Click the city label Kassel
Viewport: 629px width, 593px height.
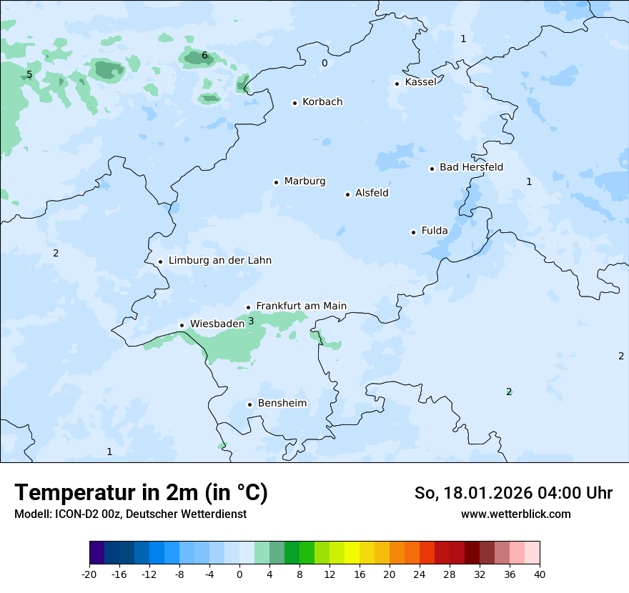pos(420,82)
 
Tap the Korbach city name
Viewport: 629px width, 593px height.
pos(322,102)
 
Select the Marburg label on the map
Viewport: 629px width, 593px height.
pos(304,181)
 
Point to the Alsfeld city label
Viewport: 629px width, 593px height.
pos(372,193)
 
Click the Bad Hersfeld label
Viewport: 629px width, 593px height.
pos(471,167)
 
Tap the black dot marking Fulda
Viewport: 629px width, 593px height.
pos(413,232)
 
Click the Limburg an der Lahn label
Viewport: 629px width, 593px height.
pos(219,261)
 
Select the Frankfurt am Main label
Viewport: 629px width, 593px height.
pos(301,306)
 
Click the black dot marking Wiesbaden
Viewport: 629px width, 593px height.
pos(182,325)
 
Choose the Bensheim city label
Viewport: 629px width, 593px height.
pos(282,404)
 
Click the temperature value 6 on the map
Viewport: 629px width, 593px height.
pos(204,56)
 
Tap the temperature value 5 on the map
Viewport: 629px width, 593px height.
pos(29,75)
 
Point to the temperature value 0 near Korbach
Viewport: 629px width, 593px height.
pos(325,64)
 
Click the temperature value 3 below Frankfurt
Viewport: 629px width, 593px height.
pos(251,322)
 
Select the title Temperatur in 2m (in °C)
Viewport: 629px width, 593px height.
pos(141,493)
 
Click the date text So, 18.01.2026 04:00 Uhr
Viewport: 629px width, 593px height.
pos(513,493)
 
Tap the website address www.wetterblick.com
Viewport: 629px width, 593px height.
pos(515,514)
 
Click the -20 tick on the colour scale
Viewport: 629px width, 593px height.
pos(89,574)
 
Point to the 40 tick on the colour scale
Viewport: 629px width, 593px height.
pos(540,574)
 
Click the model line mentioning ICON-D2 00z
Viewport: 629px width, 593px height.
pos(130,514)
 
